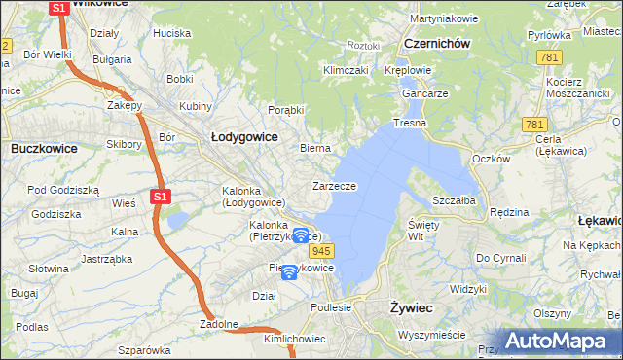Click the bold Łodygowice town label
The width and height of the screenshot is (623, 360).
(x=244, y=137)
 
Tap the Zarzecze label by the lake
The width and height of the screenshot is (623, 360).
(x=334, y=186)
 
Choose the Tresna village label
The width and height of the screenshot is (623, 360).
(x=409, y=124)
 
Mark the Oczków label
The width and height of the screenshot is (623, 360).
(x=491, y=159)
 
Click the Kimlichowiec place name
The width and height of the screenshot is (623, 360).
(x=294, y=340)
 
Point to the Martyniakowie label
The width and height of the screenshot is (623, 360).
(x=444, y=18)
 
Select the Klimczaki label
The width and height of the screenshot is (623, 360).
(x=345, y=70)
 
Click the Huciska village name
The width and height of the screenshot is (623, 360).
(x=171, y=33)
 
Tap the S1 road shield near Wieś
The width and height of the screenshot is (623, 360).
(x=162, y=197)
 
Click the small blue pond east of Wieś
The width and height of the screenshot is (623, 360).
(x=176, y=222)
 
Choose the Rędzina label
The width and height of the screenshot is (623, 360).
(x=508, y=211)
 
